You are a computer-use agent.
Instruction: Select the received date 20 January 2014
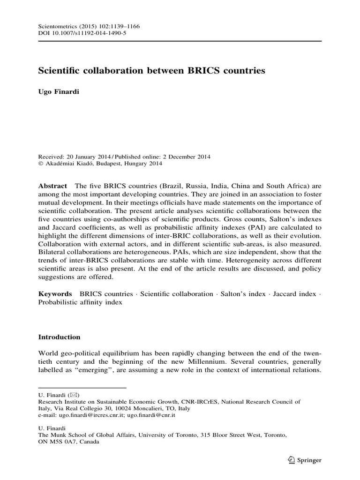tap(89, 156)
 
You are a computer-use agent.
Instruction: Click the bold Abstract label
tap(52, 186)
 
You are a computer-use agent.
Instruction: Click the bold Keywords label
tap(55, 294)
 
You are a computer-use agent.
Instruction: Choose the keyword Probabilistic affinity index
tap(80, 302)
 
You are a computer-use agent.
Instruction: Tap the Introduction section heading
tap(59, 337)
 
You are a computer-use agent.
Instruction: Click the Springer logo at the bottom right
tap(305, 460)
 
